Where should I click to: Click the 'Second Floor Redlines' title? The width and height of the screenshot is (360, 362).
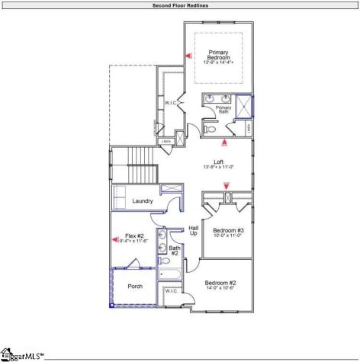click(x=180, y=5)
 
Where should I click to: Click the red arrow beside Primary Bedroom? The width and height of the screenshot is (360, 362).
click(x=188, y=55)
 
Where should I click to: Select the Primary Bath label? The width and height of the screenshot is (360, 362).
click(x=223, y=110)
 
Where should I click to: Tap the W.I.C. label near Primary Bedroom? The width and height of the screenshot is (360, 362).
click(x=171, y=102)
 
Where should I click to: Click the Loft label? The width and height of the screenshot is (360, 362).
click(x=218, y=163)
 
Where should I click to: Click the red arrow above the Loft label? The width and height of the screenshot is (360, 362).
click(x=224, y=142)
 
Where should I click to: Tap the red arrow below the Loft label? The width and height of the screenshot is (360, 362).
click(x=226, y=185)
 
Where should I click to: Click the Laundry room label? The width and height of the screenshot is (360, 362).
click(x=143, y=201)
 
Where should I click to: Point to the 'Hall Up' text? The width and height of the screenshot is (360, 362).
click(x=193, y=230)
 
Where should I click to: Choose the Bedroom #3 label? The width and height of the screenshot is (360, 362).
click(x=228, y=232)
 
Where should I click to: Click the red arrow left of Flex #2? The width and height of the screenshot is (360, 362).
click(x=117, y=240)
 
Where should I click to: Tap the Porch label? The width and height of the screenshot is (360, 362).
click(x=135, y=287)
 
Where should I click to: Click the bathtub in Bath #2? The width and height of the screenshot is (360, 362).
click(x=170, y=274)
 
